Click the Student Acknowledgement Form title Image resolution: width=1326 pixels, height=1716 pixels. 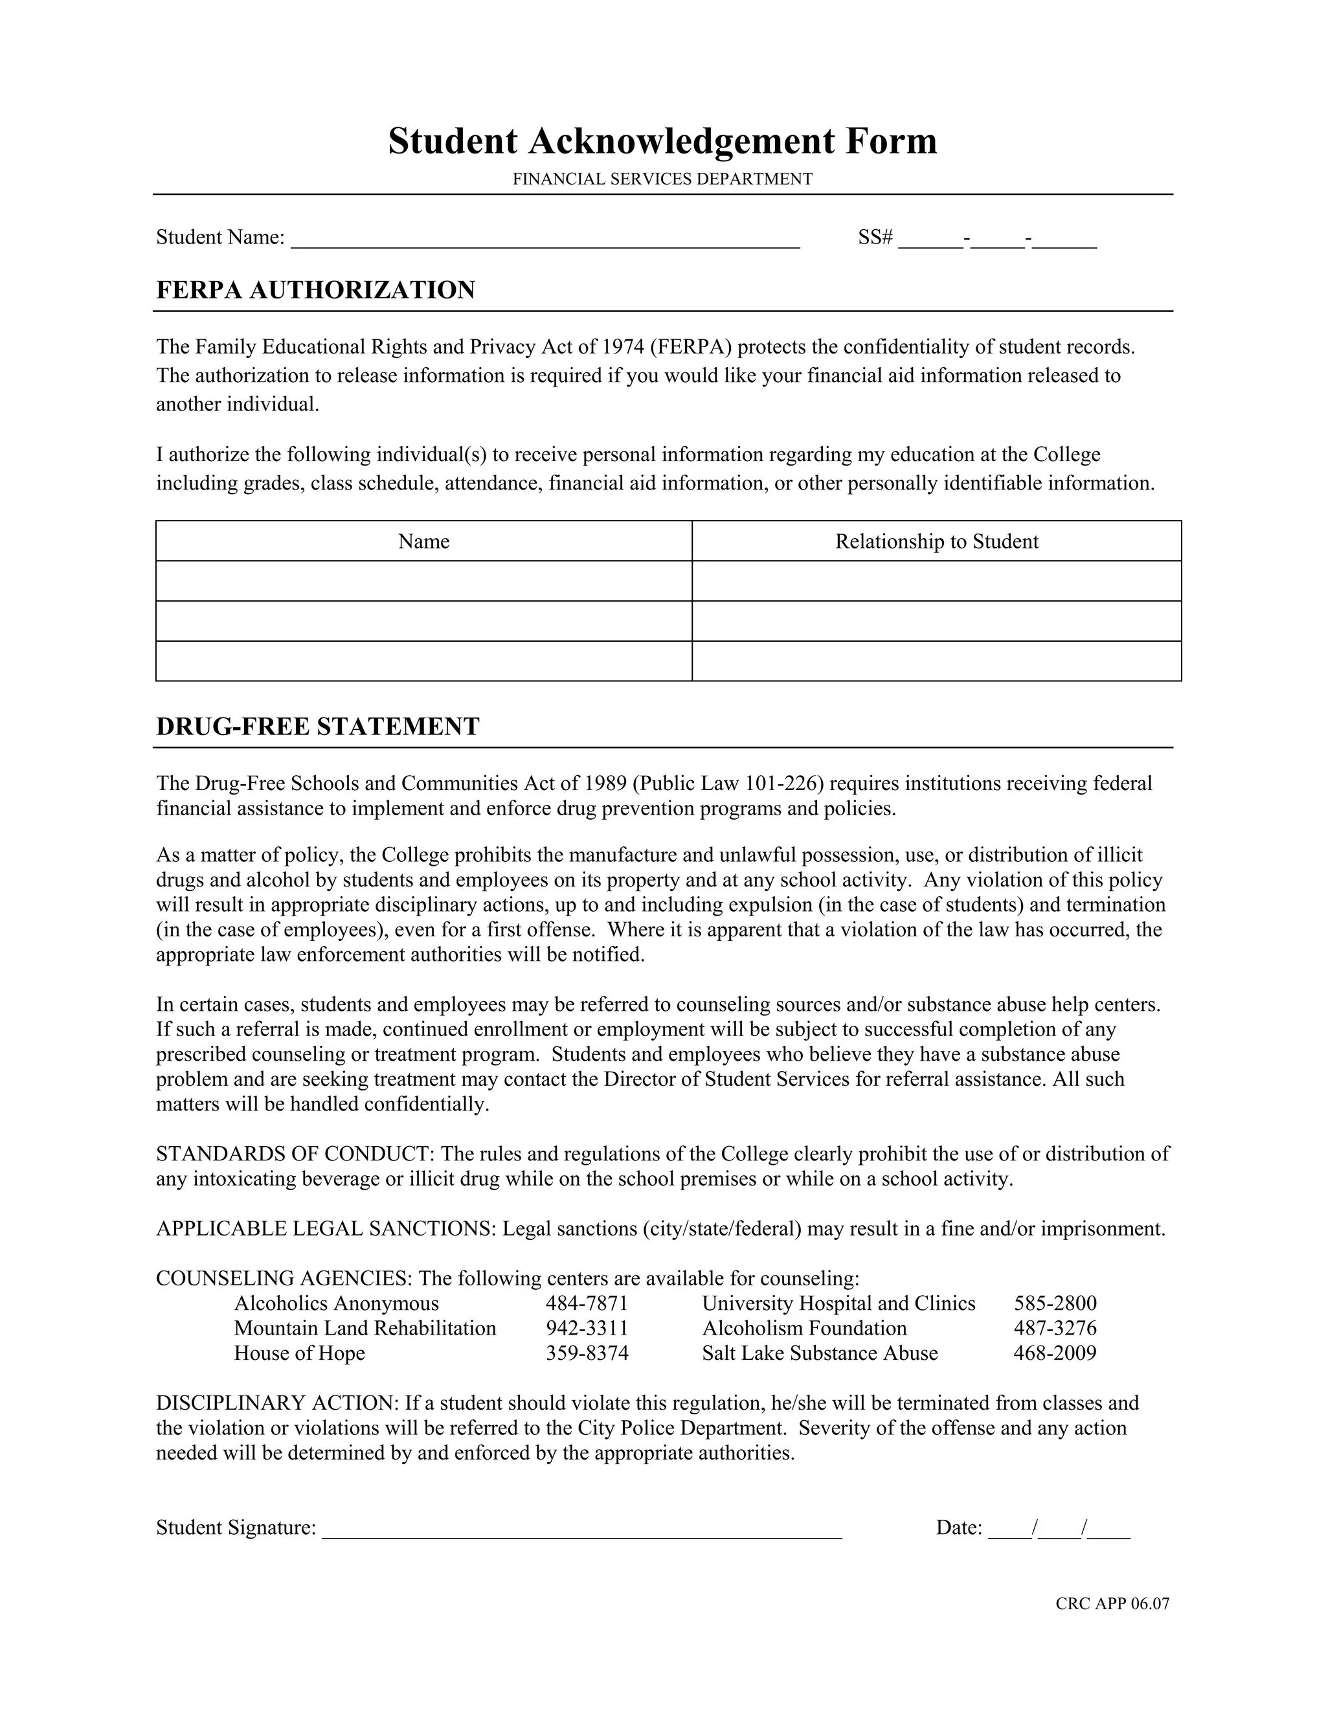click(662, 141)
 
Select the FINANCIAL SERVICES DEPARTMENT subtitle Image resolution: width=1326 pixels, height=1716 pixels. click(662, 179)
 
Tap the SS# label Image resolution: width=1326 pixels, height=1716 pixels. click(875, 237)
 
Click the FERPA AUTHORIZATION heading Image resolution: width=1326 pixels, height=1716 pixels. click(315, 290)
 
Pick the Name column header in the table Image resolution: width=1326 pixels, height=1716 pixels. click(423, 541)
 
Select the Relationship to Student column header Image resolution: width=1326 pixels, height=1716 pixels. click(936, 541)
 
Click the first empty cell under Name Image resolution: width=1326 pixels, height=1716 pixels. click(423, 581)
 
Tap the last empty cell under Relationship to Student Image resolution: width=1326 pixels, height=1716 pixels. click(936, 660)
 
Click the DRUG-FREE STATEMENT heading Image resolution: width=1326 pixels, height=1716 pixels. click(317, 726)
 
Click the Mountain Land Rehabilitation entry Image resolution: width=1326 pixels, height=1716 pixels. click(365, 1329)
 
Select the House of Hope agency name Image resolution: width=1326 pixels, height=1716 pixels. click(299, 1353)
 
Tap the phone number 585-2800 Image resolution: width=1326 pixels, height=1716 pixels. click(1055, 1304)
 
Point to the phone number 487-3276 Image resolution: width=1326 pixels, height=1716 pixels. click(1055, 1329)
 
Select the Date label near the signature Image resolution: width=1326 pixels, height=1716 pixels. click(958, 1528)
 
